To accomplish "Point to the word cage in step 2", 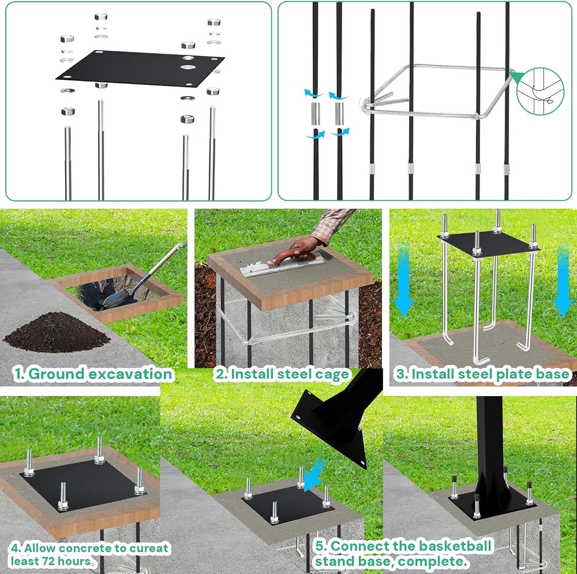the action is point(330,375).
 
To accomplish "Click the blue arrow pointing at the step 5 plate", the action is point(315,475).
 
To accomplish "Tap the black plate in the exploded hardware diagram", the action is point(140,68).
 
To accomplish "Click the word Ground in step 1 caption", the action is point(56,374).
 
